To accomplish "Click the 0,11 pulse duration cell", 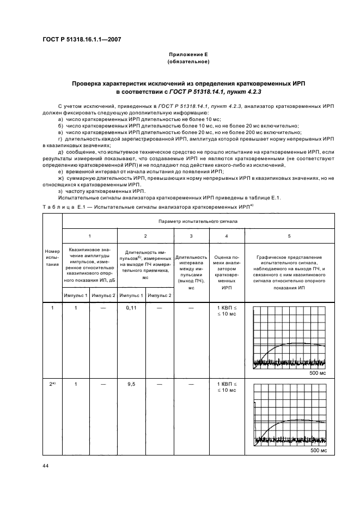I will tap(131, 309).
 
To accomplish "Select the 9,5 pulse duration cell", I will tap(131, 384).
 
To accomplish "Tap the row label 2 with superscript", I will tap(52, 384).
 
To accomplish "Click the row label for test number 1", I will tap(52, 309).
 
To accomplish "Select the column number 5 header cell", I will tap(289, 235).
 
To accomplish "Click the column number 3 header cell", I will tap(191, 235).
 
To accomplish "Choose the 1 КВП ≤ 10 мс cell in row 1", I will tap(226, 312).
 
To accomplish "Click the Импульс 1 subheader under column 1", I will tap(75, 295).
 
